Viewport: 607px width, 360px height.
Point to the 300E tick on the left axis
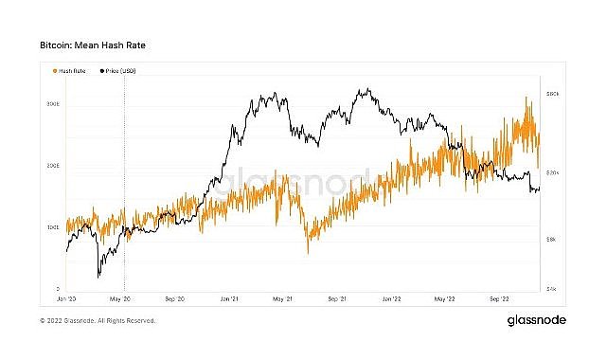point(55,102)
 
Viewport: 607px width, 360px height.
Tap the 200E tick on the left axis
point(55,165)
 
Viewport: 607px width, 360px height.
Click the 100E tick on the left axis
point(55,227)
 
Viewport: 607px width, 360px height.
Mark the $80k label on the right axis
point(553,93)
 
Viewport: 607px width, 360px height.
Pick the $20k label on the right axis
point(553,172)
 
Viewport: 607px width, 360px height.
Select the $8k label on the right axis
point(553,241)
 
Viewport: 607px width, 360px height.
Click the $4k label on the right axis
point(553,288)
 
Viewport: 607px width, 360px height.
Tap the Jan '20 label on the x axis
point(66,297)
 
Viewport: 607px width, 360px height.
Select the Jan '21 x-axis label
point(230,297)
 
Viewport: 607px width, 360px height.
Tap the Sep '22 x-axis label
point(499,297)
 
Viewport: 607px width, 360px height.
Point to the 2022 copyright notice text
point(98,321)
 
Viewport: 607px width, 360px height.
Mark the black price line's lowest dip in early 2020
point(98,277)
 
